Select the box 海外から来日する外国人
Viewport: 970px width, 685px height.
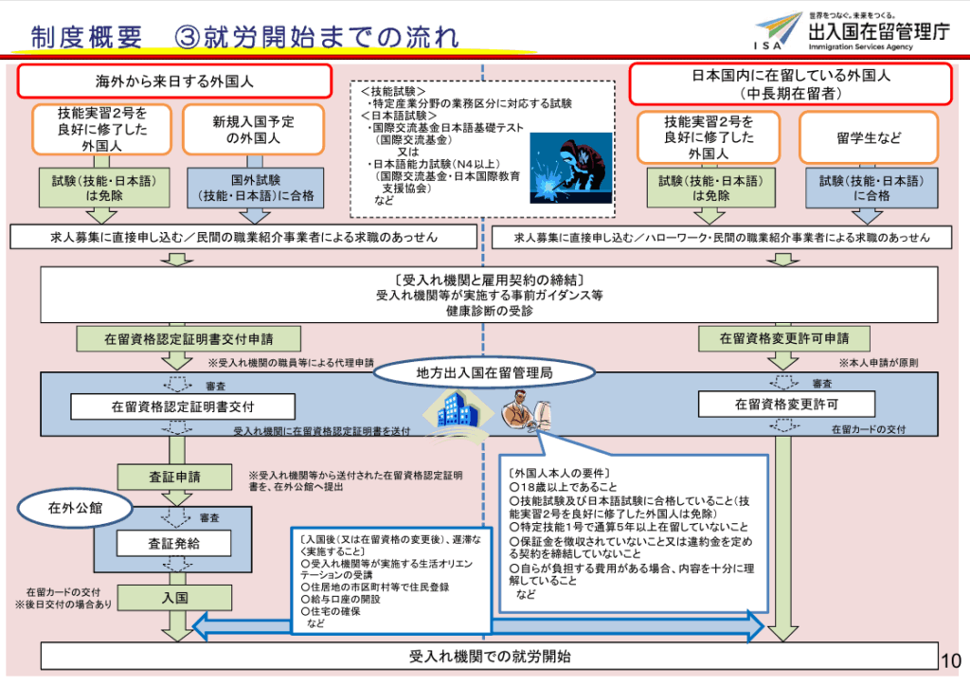tap(174, 81)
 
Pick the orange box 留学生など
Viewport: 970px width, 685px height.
tap(869, 137)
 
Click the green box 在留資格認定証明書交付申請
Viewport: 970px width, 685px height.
tap(176, 337)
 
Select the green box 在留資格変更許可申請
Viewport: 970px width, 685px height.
tap(784, 337)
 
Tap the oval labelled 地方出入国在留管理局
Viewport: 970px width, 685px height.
tap(484, 373)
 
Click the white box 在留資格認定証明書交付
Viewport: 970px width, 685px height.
tap(183, 406)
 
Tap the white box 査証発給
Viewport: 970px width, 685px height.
tap(174, 544)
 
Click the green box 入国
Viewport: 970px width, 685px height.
tap(174, 598)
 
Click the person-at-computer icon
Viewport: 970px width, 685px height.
tap(523, 410)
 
